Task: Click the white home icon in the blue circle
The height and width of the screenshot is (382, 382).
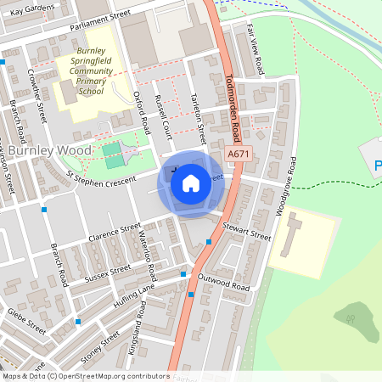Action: pyautogui.click(x=191, y=183)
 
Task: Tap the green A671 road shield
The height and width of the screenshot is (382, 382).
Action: pyautogui.click(x=239, y=154)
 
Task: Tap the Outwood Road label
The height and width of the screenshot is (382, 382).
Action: pyautogui.click(x=224, y=284)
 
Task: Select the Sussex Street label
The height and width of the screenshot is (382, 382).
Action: pyautogui.click(x=108, y=272)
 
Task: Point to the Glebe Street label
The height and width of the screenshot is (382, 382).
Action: pyautogui.click(x=25, y=318)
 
